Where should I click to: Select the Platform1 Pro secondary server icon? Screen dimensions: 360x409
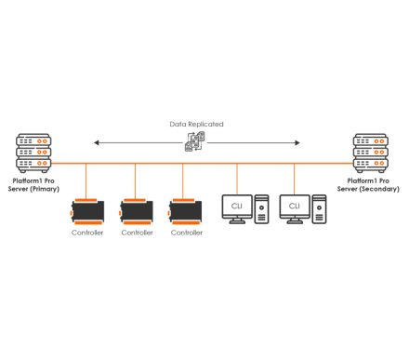(373, 154)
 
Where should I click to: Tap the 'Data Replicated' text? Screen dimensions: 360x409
(196, 124)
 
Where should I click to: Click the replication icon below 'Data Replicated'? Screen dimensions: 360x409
(196, 142)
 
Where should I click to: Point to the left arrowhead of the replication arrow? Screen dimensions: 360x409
(94, 142)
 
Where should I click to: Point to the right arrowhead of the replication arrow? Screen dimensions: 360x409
(298, 142)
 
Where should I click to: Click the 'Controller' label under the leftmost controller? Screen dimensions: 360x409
(86, 233)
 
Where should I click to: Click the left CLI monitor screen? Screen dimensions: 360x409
(236, 205)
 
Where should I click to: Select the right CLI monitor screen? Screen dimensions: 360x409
(295, 205)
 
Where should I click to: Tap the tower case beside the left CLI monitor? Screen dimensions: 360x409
(261, 208)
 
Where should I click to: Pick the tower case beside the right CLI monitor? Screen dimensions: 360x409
(319, 208)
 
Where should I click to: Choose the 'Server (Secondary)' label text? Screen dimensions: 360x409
(373, 189)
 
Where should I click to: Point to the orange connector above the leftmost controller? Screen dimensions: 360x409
(86, 181)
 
